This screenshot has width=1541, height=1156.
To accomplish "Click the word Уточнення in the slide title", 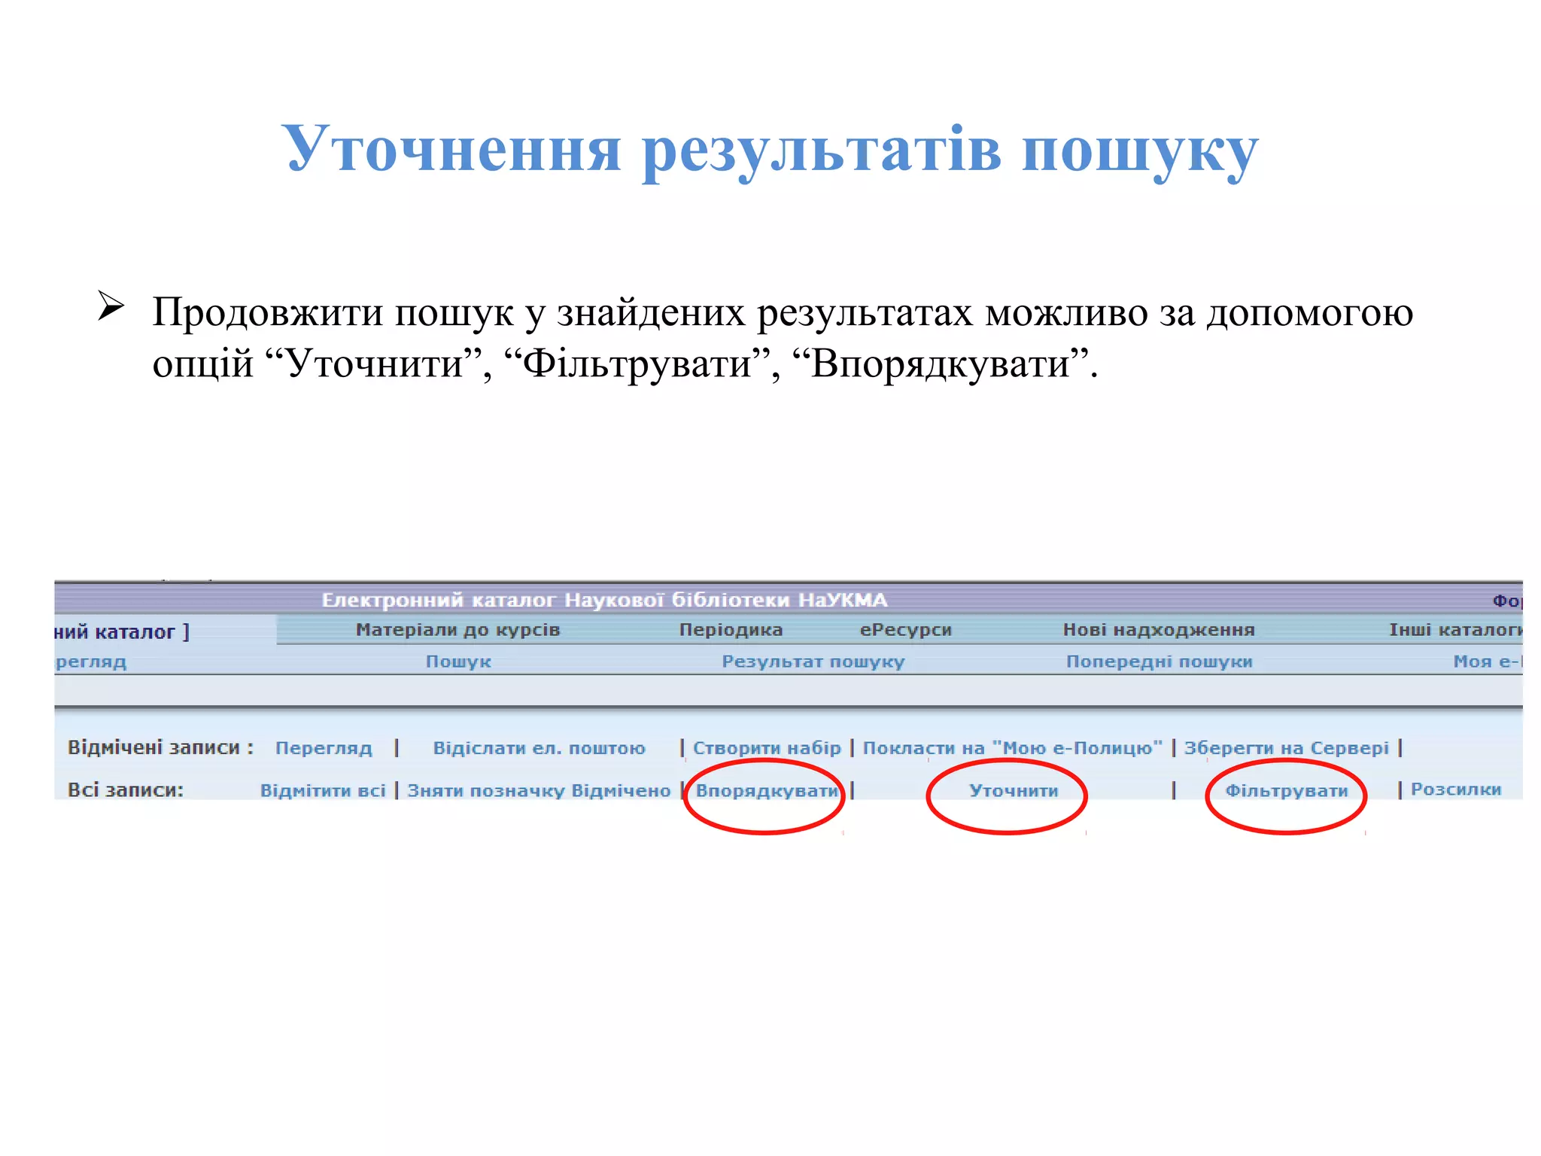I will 451,149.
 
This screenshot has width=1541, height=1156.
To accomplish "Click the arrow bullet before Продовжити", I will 111,307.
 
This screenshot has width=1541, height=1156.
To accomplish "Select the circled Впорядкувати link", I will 766,791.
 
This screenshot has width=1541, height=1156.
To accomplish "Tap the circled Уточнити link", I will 1014,791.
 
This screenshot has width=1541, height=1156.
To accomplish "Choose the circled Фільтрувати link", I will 1286,791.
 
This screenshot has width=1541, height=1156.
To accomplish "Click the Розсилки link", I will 1455,789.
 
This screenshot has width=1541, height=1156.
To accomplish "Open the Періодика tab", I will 731,630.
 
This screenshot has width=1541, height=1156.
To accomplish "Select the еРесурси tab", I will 905,630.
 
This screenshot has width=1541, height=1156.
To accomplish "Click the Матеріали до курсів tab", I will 457,630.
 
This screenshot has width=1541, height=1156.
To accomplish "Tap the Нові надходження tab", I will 1158,630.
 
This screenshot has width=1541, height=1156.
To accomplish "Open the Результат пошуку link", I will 813,662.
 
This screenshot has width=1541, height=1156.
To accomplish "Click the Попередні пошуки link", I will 1159,662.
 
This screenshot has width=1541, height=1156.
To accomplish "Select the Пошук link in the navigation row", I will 458,662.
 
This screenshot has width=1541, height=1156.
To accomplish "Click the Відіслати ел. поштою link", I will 539,748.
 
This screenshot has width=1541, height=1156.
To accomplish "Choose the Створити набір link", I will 767,748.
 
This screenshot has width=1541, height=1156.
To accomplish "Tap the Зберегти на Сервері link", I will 1286,748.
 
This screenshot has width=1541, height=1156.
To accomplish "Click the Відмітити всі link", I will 323,791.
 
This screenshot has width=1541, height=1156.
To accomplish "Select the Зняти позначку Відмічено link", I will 539,791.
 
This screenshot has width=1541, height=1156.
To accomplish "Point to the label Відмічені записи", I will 160,747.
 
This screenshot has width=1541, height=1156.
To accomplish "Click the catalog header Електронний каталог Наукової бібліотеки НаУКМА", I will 604,601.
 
